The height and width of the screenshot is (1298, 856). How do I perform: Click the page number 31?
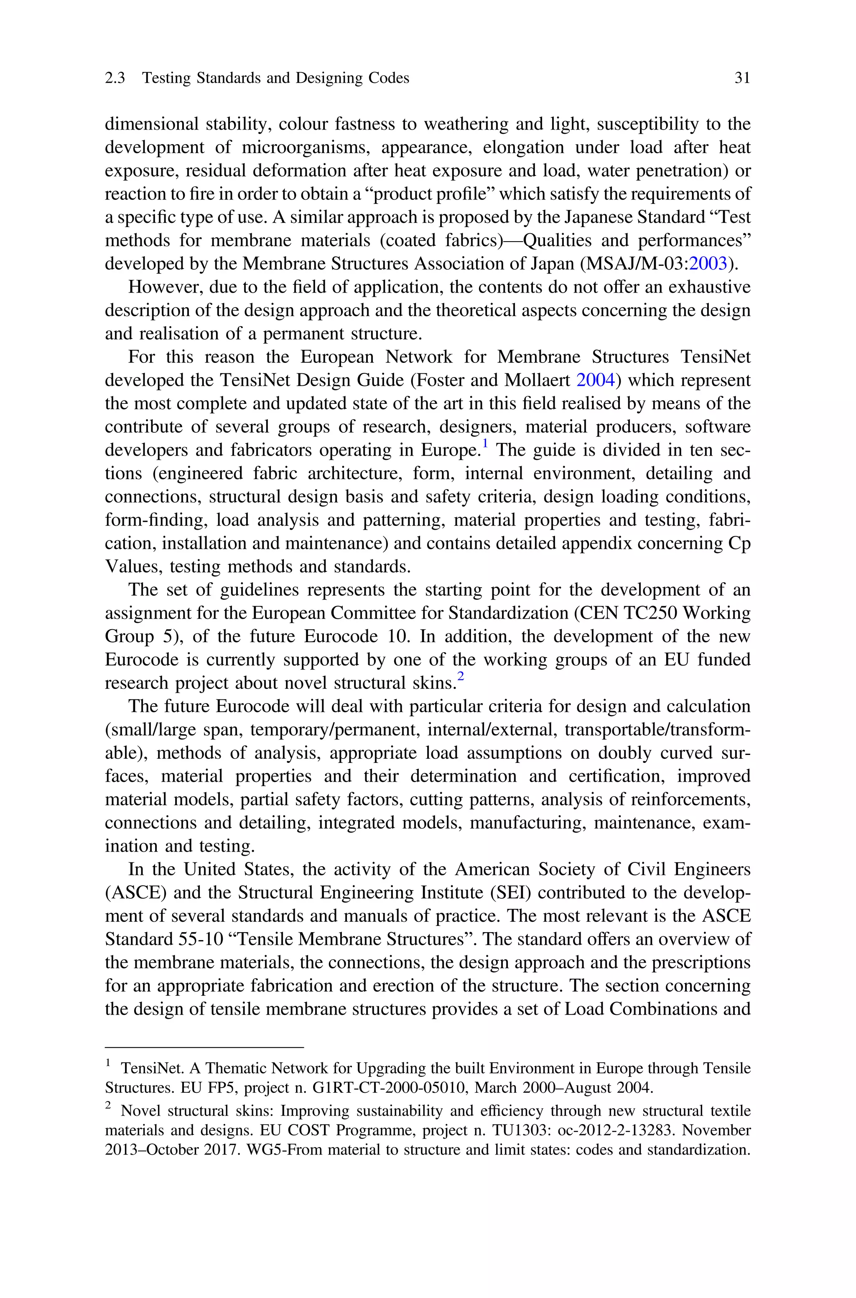coord(742,78)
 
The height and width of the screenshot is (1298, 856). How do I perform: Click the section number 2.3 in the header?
coord(115,78)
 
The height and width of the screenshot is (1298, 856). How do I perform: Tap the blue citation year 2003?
coord(708,264)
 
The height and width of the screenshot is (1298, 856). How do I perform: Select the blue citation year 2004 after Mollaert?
coord(596,380)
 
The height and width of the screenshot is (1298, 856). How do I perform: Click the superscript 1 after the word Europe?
coord(485,445)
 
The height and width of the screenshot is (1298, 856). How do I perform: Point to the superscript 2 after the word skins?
coord(461,677)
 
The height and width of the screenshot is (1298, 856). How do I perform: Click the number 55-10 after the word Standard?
coord(201,939)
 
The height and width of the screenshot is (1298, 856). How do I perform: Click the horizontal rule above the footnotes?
coord(204,1048)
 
